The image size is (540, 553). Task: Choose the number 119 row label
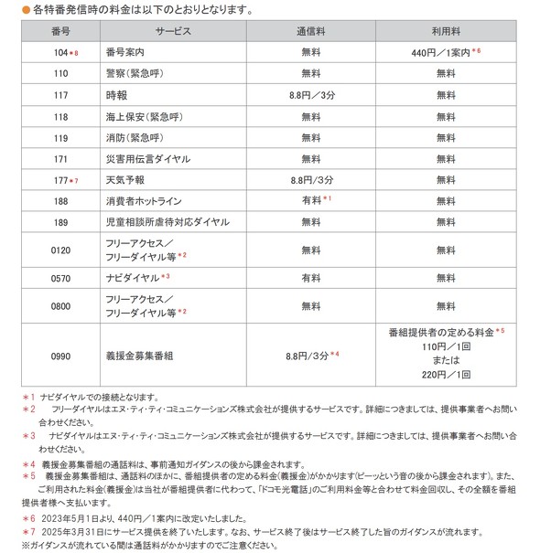pos(60,137)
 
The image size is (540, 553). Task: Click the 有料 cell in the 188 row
pos(311,201)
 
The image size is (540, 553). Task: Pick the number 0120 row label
pos(60,250)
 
